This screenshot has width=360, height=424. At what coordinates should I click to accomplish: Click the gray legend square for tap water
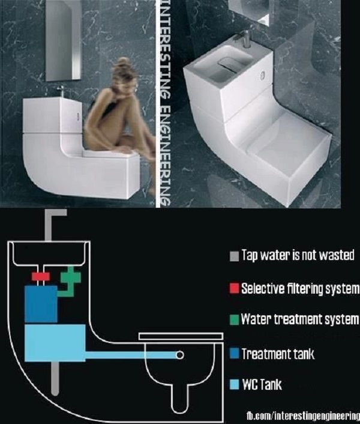point(234,256)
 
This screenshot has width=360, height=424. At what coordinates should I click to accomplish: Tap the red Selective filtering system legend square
point(234,288)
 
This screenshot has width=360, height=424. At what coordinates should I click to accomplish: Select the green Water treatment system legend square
point(234,320)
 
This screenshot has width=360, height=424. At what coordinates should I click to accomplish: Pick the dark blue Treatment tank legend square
point(234,354)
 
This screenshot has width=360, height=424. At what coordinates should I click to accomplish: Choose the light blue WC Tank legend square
point(234,384)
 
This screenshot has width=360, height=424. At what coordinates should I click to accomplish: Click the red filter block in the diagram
point(41,277)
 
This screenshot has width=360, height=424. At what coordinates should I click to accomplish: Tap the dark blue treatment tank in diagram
point(41,304)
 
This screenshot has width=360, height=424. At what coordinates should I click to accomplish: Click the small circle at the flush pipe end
point(180,355)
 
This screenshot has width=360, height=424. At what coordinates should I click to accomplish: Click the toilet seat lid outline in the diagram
point(181,336)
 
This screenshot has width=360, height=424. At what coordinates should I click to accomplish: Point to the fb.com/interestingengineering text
point(303,415)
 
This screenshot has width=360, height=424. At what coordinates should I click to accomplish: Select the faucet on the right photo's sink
point(244,38)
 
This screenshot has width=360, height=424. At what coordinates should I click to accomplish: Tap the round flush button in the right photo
point(263,76)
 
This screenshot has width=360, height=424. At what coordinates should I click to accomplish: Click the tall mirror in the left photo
point(63,40)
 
